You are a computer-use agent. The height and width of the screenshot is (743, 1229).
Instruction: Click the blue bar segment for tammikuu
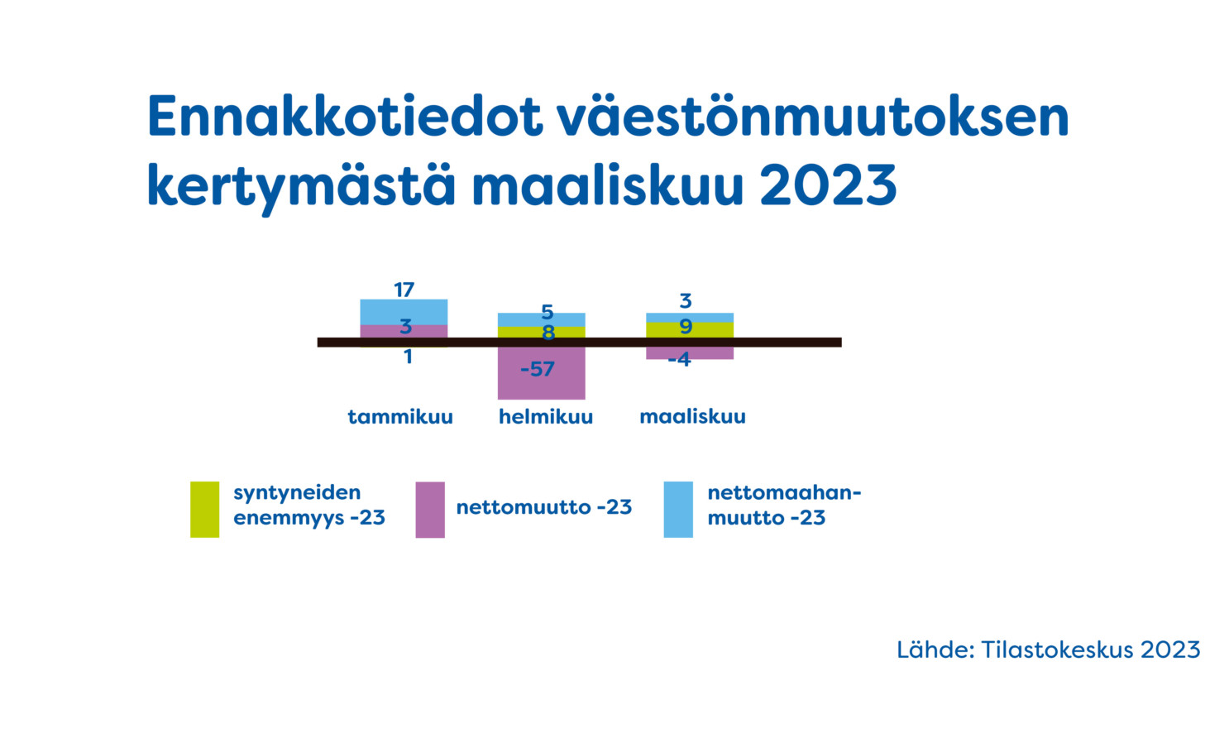coord(404,312)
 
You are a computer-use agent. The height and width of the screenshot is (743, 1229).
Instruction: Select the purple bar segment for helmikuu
coord(542,373)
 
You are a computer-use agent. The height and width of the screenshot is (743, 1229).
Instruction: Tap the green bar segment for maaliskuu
coord(690,330)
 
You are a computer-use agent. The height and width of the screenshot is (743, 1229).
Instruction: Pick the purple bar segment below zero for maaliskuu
coord(690,352)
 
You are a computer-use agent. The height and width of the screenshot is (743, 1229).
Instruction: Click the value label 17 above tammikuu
coord(404,290)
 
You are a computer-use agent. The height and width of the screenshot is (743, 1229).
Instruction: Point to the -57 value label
coord(538,369)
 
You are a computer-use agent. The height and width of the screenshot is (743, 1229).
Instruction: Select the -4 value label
coord(679,359)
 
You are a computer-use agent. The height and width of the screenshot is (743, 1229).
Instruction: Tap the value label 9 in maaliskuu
coord(686,327)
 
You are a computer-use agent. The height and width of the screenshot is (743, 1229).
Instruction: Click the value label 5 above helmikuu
coord(547,312)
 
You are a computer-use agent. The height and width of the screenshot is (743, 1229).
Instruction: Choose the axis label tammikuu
coord(400,417)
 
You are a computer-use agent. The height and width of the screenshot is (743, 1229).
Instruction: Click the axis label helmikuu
coord(546,417)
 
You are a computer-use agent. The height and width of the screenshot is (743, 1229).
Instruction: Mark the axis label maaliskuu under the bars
coord(693,417)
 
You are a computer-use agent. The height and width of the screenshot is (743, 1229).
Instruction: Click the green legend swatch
coord(204,509)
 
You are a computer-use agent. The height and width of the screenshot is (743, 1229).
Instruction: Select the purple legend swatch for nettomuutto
coord(430,509)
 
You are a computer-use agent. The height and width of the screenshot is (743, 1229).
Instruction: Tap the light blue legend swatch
coord(678,509)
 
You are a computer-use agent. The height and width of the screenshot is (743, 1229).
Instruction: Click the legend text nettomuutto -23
coord(544,507)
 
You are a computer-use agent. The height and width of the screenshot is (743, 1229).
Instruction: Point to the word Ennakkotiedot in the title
coord(346,117)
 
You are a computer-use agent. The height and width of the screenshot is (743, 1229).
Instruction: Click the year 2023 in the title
coord(828,185)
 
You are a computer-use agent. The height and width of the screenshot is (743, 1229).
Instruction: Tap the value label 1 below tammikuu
coord(408,357)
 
